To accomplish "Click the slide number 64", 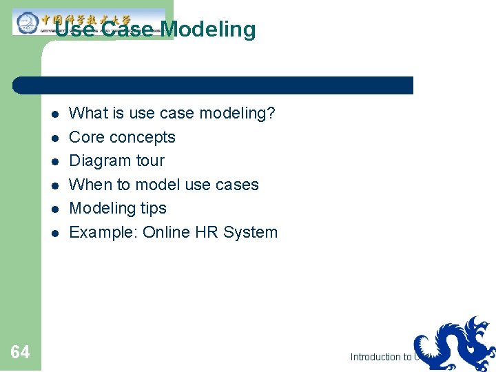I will coord(20,353).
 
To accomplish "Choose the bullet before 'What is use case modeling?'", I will coord(53,114).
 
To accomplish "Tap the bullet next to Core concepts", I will coord(53,138).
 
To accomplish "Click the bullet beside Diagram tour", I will coord(53,161).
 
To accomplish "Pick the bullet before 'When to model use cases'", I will coord(53,185).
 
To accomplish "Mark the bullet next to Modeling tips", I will coord(53,209).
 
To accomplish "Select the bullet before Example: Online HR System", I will coord(53,233).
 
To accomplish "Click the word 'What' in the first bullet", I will coord(86,113).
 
